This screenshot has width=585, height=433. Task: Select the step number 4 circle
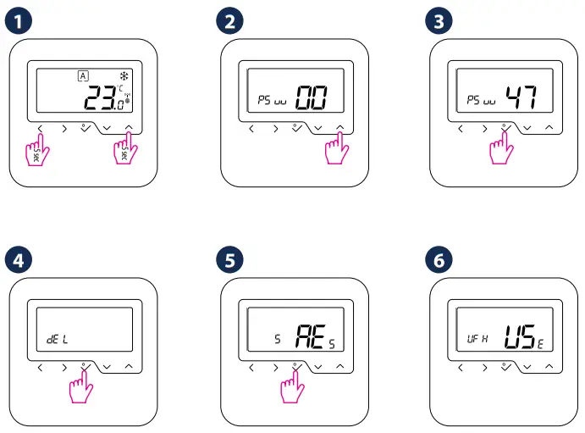click(x=16, y=260)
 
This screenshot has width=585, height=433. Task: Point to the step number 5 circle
click(x=228, y=260)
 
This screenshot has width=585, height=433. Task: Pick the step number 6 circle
click(x=437, y=260)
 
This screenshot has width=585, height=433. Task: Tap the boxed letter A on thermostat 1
click(x=82, y=75)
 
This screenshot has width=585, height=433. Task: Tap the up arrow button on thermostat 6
click(x=549, y=366)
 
